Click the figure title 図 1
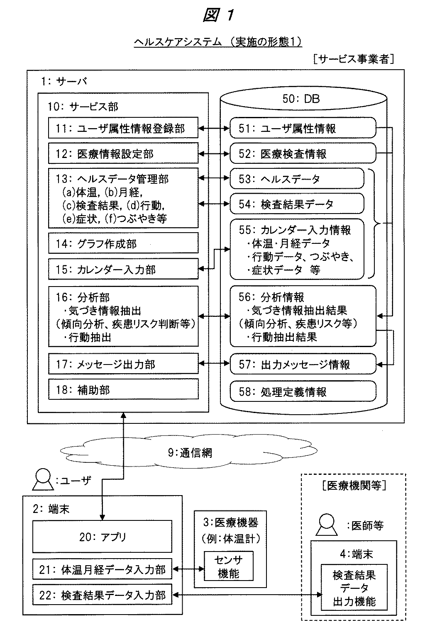[218, 15]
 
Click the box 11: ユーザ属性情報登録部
[123, 128]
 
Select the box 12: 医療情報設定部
[123, 153]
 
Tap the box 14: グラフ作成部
[123, 243]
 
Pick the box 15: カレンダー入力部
[123, 269]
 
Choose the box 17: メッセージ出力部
[123, 364]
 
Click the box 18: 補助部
[123, 389]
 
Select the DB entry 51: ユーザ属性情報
[303, 128]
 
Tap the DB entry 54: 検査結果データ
[297, 204]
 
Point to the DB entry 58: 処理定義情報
[303, 391]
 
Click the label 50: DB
[301, 99]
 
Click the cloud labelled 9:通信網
[189, 452]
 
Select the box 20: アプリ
[102, 537]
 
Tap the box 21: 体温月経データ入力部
[102, 569]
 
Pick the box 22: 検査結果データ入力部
[102, 595]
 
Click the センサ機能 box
[229, 566]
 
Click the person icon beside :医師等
[327, 525]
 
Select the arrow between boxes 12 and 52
[214, 153]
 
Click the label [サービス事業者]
[354, 59]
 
